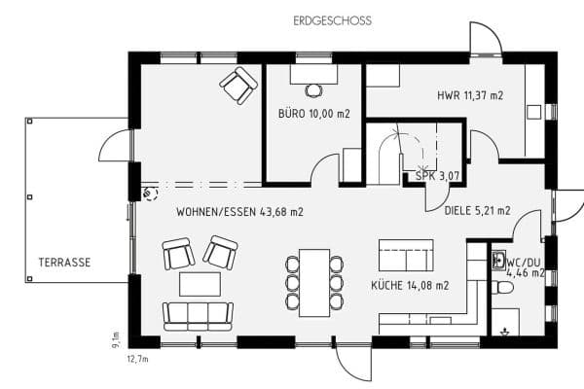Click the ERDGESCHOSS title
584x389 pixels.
pos(332,20)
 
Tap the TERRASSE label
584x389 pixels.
pos(64,262)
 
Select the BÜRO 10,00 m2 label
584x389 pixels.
pos(314,114)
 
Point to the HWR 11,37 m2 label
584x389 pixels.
pos(470,95)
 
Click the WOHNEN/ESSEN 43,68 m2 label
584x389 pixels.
pos(239,212)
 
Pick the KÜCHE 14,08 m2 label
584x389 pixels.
pos(410,286)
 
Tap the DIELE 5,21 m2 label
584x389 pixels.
pos(477,211)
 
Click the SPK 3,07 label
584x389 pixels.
pos(437,176)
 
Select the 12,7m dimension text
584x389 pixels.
pos(138,359)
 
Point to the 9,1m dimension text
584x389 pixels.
pos(116,339)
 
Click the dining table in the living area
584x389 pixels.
pos(314,283)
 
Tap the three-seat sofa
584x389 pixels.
pos(199,316)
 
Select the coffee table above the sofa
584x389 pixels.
pos(200,284)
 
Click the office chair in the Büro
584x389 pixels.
pos(314,90)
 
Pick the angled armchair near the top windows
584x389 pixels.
pos(238,86)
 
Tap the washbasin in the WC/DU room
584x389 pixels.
pos(498,260)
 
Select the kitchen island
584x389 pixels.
pos(406,255)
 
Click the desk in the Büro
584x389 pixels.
pos(314,74)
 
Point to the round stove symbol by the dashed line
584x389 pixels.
pos(151,194)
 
